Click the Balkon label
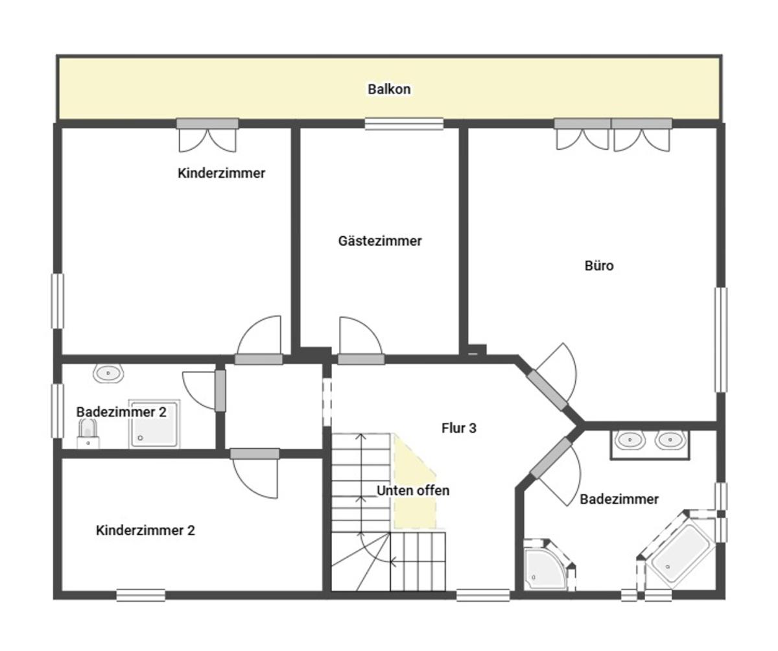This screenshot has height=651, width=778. (x=389, y=89)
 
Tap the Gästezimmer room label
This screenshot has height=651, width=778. (x=380, y=241)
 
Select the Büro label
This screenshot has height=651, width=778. (x=599, y=266)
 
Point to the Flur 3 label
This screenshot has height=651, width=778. (x=458, y=428)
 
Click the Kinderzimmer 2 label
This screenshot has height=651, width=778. (x=145, y=530)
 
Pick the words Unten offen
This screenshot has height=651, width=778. (x=413, y=490)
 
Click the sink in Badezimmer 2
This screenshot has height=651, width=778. (x=108, y=373)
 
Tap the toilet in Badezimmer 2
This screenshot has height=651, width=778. (x=88, y=434)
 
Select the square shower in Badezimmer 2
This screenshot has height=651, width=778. (x=154, y=423)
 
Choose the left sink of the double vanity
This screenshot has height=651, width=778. (x=630, y=440)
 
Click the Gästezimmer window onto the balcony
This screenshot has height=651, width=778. (x=405, y=124)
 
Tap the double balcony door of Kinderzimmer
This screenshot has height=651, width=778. (x=207, y=135)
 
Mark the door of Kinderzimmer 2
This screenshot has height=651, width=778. (x=255, y=473)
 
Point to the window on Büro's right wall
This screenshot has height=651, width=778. (x=721, y=340)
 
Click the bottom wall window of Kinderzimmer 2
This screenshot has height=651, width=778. (x=141, y=595)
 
